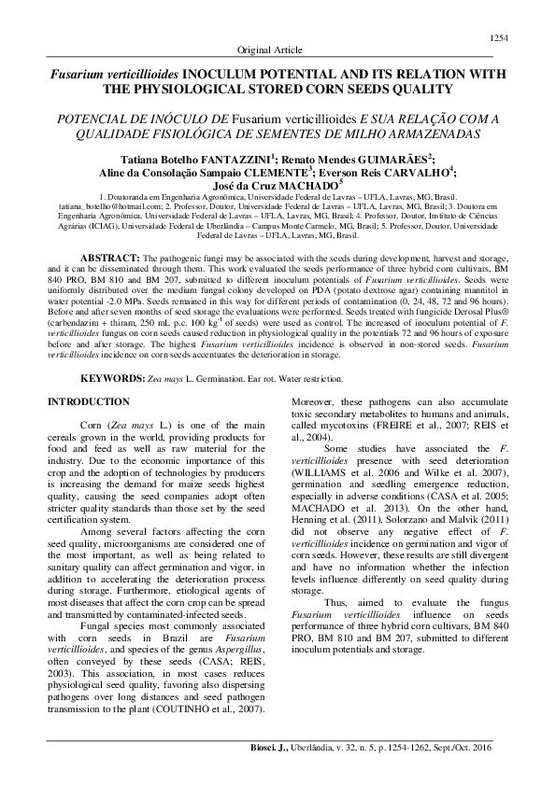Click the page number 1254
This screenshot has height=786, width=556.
click(498, 37)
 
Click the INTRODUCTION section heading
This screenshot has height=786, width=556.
click(89, 401)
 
